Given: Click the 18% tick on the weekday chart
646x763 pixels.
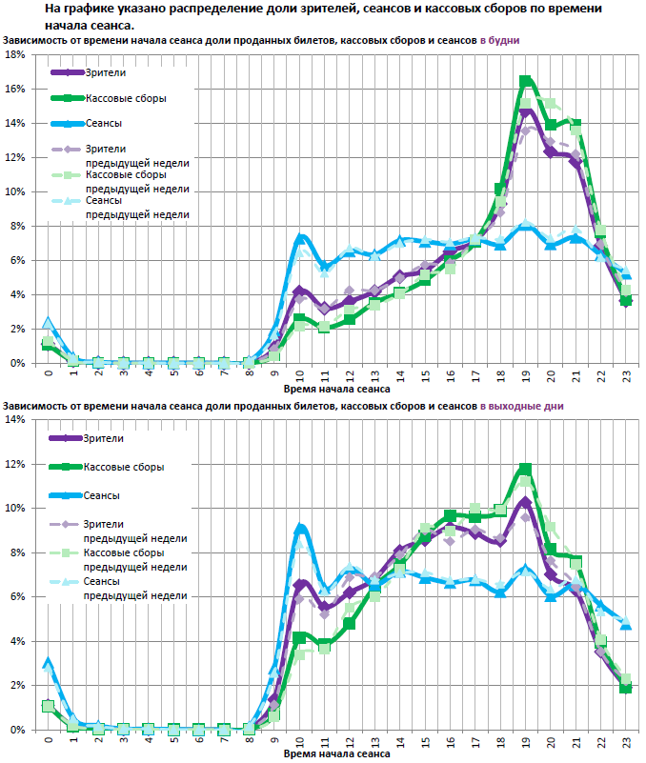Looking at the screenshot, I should coord(15,54).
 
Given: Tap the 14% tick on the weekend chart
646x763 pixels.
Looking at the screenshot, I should coord(15,420).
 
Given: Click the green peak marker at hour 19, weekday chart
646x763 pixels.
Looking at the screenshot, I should coord(526,81).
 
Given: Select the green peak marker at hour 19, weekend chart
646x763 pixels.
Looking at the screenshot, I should coord(526,469).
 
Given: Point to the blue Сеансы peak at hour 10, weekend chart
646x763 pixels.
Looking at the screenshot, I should coord(300,527).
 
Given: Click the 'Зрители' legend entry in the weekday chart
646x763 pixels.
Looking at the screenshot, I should coord(105,72).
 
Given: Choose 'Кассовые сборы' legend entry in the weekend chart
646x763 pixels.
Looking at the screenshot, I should coord(124,467).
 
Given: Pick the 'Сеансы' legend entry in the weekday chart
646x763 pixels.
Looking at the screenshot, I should coord(104,123).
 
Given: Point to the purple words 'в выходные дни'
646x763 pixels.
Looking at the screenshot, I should coord(521,406).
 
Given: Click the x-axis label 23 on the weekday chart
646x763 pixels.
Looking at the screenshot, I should coord(625,375).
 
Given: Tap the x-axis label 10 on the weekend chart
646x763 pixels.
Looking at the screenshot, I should coord(299,740).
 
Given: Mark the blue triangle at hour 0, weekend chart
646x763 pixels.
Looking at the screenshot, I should coord(48,660).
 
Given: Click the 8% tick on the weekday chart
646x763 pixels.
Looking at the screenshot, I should coord(18,226).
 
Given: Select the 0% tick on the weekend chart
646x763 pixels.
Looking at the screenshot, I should coord(18,730).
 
